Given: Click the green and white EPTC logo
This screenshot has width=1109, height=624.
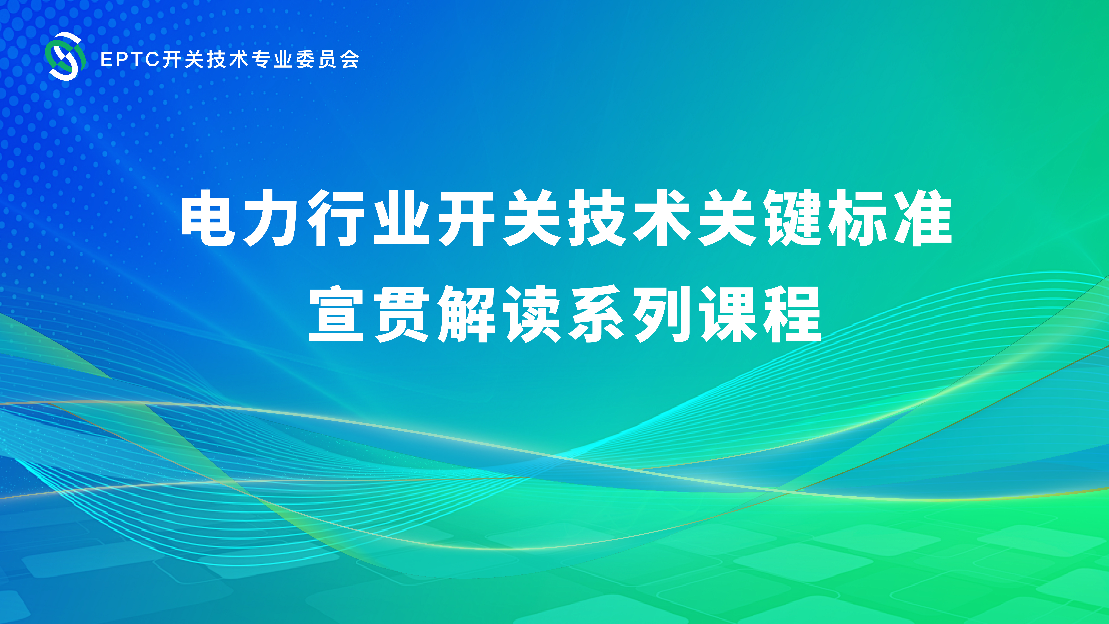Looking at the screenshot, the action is [x=65, y=56].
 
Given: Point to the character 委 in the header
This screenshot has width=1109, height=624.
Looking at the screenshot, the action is [x=305, y=59].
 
